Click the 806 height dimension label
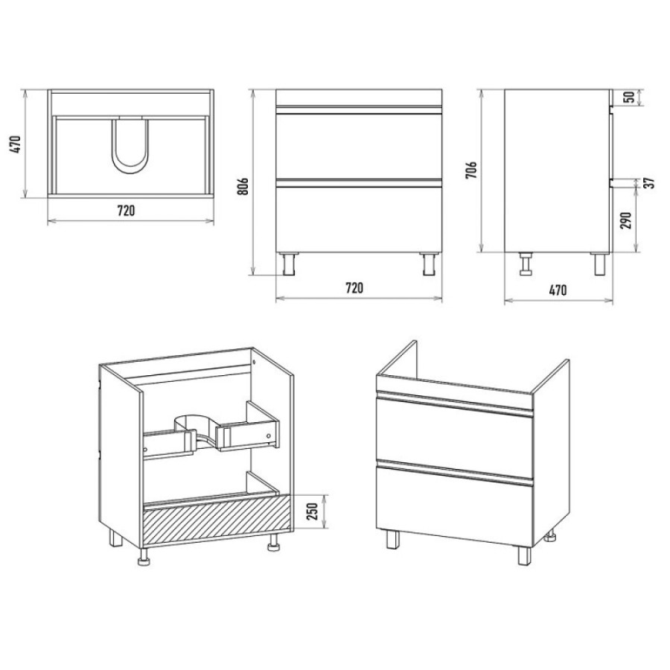pos(243,186)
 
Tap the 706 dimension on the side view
pos(471,170)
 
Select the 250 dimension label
pos(313,511)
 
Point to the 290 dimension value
pos(625,220)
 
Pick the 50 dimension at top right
pos(629,98)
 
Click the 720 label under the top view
pos(126,211)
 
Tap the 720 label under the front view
pos(354,288)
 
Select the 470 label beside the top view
pos(15,144)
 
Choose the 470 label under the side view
pos(558,290)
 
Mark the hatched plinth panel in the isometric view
pos(217,520)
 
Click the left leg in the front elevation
pos(290,264)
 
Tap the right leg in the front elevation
pos(429,264)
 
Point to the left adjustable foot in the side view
pos(525,264)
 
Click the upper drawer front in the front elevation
pos(359,146)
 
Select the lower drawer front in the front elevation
pos(359,220)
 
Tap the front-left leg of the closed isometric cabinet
pos(393,540)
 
